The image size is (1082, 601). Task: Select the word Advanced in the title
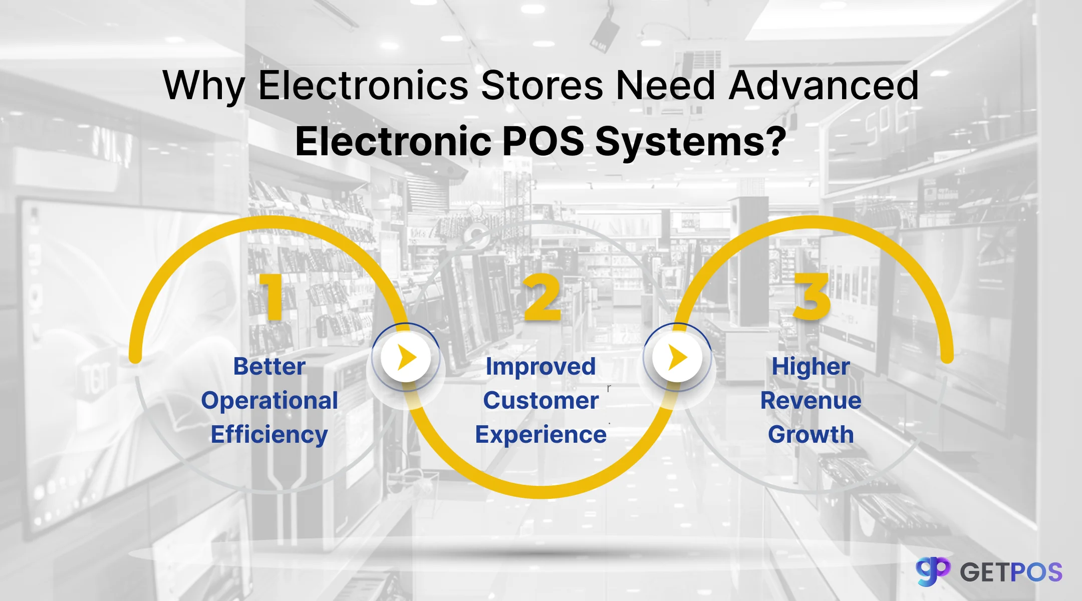[823, 85]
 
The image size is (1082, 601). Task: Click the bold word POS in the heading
[543, 141]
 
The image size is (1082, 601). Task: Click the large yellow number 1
[272, 296]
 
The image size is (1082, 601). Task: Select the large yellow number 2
[542, 297]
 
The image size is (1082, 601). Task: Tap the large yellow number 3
[812, 296]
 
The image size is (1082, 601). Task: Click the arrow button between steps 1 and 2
[406, 358]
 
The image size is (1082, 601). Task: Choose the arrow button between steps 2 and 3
[677, 358]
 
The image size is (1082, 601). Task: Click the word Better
[269, 367]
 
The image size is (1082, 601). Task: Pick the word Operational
[269, 401]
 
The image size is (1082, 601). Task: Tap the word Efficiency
[269, 435]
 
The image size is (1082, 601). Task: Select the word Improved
[541, 367]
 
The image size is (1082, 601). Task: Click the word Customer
[541, 401]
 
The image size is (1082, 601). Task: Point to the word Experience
[541, 435]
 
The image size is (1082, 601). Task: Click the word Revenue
[811, 401]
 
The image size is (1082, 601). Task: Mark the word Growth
[811, 435]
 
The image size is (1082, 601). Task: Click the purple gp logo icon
[933, 571]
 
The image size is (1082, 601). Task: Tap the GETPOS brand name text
[1011, 572]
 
